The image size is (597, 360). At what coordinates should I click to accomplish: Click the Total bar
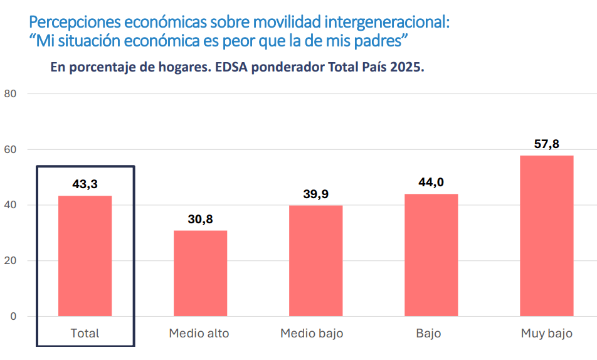click(85, 256)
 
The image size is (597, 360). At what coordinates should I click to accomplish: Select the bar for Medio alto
click(200, 273)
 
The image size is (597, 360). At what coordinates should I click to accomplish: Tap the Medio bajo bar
click(315, 261)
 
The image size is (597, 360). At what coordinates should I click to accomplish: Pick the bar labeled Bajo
click(431, 255)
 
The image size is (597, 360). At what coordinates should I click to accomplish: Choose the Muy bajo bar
click(546, 236)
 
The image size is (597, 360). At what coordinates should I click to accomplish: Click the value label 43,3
click(85, 184)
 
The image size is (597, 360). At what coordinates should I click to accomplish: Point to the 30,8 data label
click(200, 220)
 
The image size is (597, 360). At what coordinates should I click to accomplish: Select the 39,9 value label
click(315, 194)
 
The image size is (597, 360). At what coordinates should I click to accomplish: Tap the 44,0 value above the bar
click(431, 183)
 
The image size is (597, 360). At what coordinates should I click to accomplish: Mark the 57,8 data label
click(546, 144)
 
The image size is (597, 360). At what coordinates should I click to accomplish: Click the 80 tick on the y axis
click(10, 94)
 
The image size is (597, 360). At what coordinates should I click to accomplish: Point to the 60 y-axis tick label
click(10, 150)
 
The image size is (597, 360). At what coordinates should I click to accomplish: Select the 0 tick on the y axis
click(13, 316)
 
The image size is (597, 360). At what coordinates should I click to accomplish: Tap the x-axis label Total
click(85, 334)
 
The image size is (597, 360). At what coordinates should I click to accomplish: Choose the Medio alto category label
click(199, 334)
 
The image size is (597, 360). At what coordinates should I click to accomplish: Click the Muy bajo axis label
click(546, 334)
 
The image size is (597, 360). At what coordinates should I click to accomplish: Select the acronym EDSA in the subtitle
click(233, 67)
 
